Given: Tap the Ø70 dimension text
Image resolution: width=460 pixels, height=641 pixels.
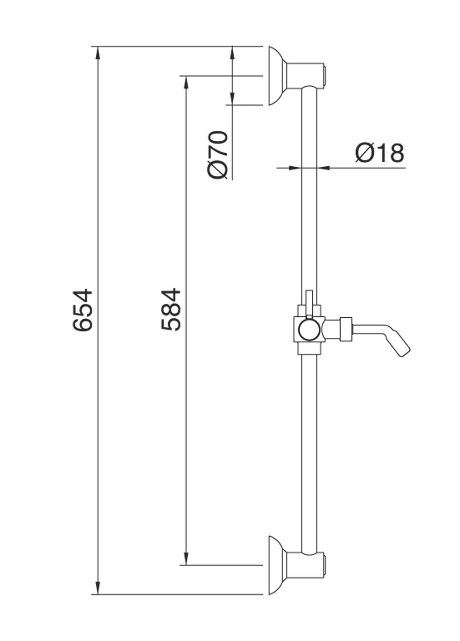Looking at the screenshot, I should coord(218,155).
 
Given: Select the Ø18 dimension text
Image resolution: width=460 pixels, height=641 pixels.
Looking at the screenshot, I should coord(379,153).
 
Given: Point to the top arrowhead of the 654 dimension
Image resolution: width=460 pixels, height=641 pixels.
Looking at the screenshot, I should coord(98,53).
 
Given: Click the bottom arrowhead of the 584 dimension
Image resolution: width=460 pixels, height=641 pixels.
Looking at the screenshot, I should coord(187,559).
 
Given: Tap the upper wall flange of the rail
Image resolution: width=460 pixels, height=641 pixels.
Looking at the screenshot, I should coord(277,76).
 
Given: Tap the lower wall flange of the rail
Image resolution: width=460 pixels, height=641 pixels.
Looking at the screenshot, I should coord(277,565).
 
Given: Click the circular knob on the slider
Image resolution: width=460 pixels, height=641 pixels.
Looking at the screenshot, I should coord(309,330).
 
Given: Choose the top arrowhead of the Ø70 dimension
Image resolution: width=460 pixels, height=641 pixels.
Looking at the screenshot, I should coord(232,53).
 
